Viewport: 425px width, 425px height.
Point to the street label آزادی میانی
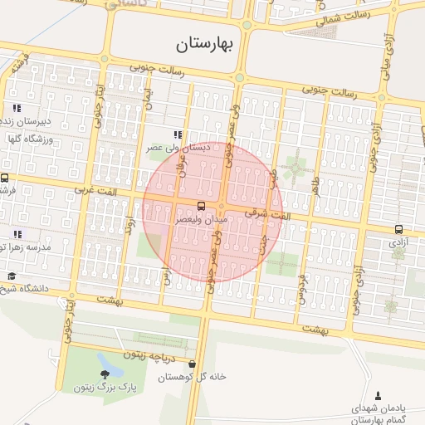click(388, 55)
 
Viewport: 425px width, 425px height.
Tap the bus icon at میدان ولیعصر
click(201, 206)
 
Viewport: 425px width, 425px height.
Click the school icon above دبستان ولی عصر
click(177, 134)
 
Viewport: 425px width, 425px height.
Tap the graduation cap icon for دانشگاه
click(12, 276)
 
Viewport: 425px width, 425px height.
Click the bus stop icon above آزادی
click(399, 230)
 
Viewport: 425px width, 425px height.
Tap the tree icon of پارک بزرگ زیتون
click(104, 376)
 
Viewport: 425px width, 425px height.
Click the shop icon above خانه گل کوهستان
click(193, 364)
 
